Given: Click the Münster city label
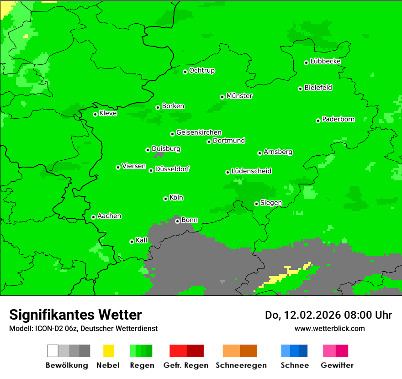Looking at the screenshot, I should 239,96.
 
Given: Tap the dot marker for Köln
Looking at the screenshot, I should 165,199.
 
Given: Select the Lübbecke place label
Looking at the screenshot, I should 325,61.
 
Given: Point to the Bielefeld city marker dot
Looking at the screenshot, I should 301,89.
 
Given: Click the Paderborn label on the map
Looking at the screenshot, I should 338,119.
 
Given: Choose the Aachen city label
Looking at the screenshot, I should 109,216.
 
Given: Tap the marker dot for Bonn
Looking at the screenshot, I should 177,221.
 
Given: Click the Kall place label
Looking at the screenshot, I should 142,240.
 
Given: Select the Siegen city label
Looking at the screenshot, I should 271,203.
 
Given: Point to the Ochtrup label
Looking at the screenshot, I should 201,70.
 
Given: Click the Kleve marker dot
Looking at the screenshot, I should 95,114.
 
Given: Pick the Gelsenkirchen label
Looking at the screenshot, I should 199,132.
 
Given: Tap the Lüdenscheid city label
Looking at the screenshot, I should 251,171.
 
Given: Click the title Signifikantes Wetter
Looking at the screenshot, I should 75,315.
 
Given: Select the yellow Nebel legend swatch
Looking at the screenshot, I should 108,351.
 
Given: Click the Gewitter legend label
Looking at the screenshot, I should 337,365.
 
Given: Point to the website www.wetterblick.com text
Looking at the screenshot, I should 329,328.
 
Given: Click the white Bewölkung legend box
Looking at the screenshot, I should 53,351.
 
